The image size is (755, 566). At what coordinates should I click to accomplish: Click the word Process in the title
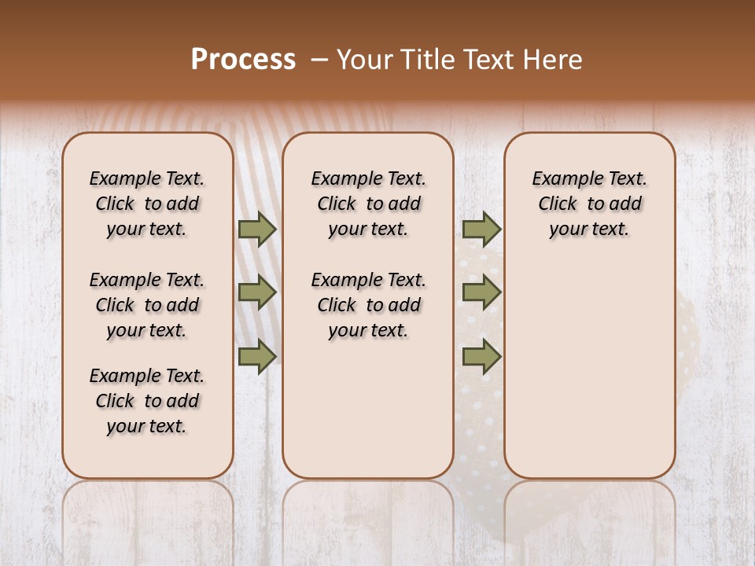tap(243, 59)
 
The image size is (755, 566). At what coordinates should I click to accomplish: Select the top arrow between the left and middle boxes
tap(257, 229)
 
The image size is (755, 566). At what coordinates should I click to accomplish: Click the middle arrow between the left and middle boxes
tap(257, 293)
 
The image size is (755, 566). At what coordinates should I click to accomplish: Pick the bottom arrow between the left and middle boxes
tap(257, 356)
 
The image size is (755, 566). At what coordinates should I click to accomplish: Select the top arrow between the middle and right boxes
tap(481, 229)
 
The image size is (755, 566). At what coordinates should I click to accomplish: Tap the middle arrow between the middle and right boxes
tap(481, 293)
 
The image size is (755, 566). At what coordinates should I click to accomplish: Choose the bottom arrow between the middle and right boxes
tap(481, 356)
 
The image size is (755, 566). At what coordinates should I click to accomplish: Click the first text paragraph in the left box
tap(147, 204)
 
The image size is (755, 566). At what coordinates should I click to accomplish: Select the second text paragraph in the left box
tap(147, 305)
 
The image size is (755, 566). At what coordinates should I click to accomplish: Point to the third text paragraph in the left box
tap(147, 401)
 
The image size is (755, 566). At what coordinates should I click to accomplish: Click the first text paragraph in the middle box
tap(368, 204)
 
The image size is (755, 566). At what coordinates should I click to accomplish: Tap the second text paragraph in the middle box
tap(368, 305)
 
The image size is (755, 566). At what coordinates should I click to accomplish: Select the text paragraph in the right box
tap(589, 204)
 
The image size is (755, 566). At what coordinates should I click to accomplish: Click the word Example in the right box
tap(569, 179)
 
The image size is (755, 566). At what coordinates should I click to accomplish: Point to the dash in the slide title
tap(319, 59)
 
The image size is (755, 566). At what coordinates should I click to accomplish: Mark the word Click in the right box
tap(558, 204)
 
